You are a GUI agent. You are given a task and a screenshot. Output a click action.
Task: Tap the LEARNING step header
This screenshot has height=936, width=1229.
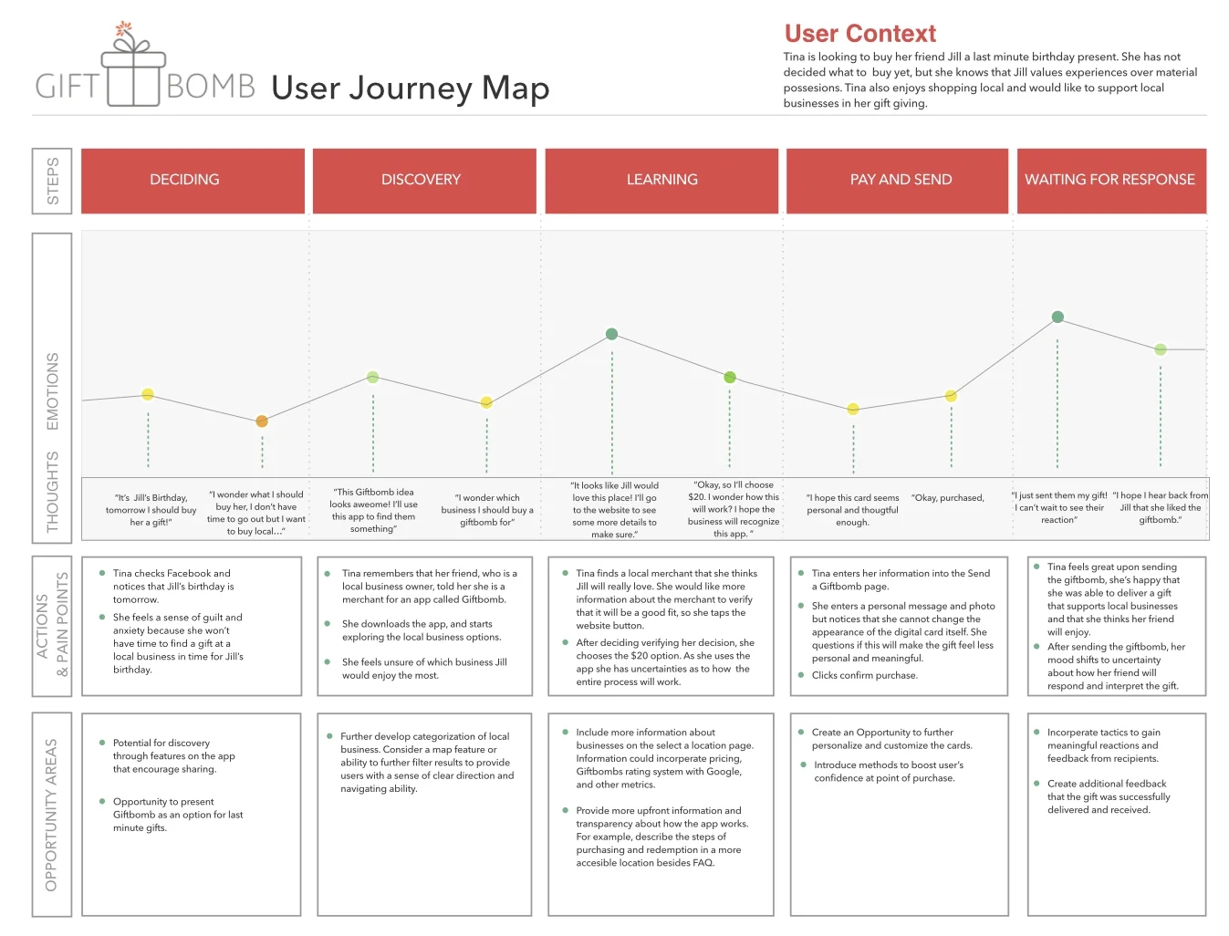coord(661,181)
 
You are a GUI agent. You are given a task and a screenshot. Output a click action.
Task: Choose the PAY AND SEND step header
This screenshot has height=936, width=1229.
coord(901,181)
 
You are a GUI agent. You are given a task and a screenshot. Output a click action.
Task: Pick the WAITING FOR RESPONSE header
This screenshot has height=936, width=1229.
coord(1110,181)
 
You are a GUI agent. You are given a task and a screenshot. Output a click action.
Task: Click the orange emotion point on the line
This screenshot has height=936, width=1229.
coord(262,421)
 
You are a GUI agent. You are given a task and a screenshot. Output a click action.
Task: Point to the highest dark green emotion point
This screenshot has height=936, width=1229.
coord(1057,317)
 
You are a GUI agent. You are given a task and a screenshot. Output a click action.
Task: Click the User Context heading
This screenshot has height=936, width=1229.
coord(859,34)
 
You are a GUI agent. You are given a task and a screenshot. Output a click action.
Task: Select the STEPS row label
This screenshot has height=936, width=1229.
coord(52,181)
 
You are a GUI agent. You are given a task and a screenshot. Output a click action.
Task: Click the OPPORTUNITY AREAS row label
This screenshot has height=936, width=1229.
coord(51,814)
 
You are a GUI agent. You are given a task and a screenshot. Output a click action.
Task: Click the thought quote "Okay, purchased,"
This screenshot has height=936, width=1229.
coord(948,498)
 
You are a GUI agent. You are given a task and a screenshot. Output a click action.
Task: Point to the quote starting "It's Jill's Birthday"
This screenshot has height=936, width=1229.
coord(151,510)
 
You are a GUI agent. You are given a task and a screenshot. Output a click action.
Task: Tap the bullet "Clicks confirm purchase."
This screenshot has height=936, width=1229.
coord(864,675)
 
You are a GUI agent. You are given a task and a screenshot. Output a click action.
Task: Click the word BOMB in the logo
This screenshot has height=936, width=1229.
coord(211,87)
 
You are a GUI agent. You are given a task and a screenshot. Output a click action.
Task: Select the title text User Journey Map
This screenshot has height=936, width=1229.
coord(411,88)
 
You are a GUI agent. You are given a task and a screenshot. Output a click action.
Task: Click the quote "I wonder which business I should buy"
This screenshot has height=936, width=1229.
coord(487,510)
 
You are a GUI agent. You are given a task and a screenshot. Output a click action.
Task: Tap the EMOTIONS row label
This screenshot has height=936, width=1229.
coord(52,391)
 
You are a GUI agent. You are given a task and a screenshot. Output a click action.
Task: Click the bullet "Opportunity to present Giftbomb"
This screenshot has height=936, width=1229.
coord(177,815)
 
